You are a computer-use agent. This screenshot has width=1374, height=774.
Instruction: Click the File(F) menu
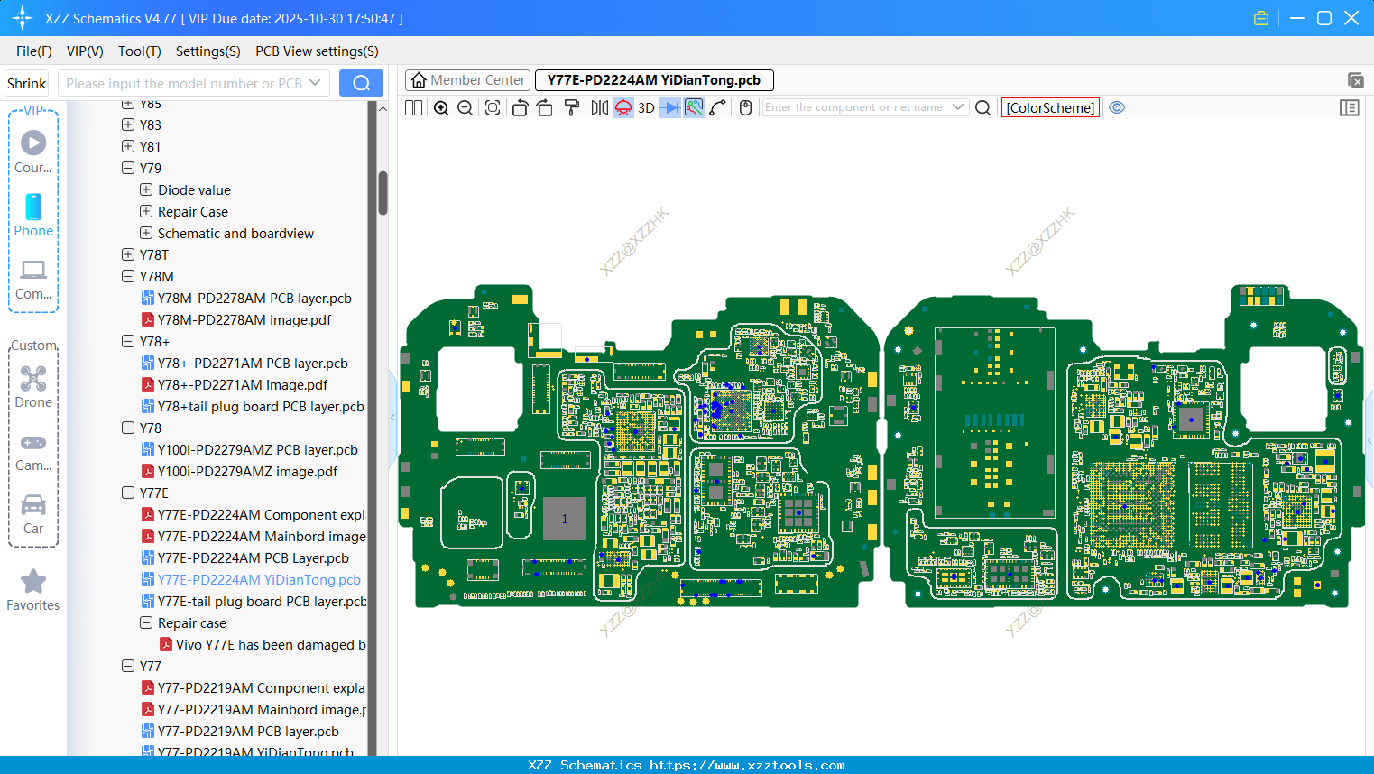(33, 51)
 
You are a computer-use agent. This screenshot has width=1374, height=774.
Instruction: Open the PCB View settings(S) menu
(317, 51)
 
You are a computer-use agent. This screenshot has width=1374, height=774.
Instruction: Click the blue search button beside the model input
(361, 83)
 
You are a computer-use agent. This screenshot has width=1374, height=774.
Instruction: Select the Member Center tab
(467, 80)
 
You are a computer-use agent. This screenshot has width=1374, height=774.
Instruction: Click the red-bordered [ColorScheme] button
(1050, 108)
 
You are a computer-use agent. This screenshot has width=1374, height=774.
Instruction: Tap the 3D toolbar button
(646, 108)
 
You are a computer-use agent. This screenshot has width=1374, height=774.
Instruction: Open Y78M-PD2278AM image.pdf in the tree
(244, 320)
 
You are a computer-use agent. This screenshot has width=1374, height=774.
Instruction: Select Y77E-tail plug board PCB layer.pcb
(262, 602)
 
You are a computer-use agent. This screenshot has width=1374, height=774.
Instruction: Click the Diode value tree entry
(194, 190)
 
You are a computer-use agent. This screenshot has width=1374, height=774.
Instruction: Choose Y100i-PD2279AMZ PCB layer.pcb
(257, 450)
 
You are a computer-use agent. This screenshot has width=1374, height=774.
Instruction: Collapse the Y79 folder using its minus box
(128, 169)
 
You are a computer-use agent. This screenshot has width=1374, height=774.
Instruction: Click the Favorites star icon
(33, 582)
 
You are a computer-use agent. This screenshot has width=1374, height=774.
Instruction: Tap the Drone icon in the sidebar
(33, 379)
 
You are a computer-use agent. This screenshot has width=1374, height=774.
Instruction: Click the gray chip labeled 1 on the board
(565, 519)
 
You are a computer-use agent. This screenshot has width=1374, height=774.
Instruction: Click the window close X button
(1351, 18)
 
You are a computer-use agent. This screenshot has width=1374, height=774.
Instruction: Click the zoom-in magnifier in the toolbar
(441, 108)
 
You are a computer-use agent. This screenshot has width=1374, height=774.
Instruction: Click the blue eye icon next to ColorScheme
(1117, 107)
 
